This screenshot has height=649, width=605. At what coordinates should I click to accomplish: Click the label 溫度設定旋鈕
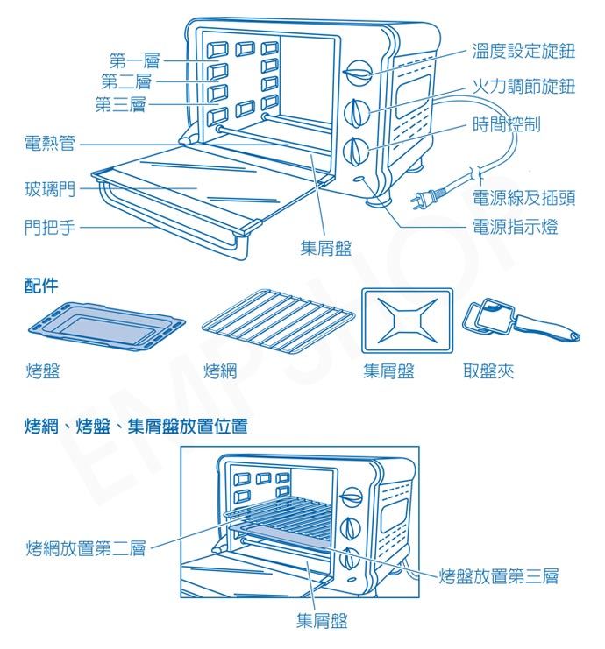(523, 51)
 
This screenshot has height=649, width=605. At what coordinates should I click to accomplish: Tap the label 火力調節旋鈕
(523, 86)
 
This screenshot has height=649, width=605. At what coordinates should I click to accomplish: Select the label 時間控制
(507, 123)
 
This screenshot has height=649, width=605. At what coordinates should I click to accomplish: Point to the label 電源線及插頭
(523, 197)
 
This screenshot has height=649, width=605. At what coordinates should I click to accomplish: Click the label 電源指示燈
(515, 227)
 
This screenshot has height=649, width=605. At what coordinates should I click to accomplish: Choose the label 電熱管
(50, 144)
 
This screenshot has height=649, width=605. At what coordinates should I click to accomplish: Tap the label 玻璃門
(50, 188)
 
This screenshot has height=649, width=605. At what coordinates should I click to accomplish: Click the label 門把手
(50, 227)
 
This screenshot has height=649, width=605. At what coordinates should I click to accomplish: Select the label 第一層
(135, 60)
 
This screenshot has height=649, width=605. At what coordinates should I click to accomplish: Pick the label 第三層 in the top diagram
(121, 104)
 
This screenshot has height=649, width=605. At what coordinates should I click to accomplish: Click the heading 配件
(41, 286)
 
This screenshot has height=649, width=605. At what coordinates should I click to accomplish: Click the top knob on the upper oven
(357, 73)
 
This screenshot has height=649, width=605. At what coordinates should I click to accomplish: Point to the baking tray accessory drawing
(106, 327)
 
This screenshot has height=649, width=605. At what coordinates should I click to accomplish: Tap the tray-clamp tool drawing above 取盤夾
(522, 320)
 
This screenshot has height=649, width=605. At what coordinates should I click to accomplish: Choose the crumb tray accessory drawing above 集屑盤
(408, 321)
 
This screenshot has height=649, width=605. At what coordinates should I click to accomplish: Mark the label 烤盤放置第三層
(499, 575)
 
